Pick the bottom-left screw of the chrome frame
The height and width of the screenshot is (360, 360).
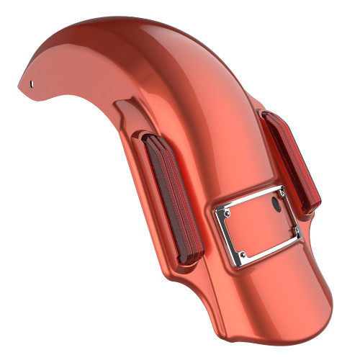tap(244, 253)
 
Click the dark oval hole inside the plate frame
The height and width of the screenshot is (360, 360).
tap(275, 204)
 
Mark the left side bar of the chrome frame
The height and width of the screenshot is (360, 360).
tap(230, 233)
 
